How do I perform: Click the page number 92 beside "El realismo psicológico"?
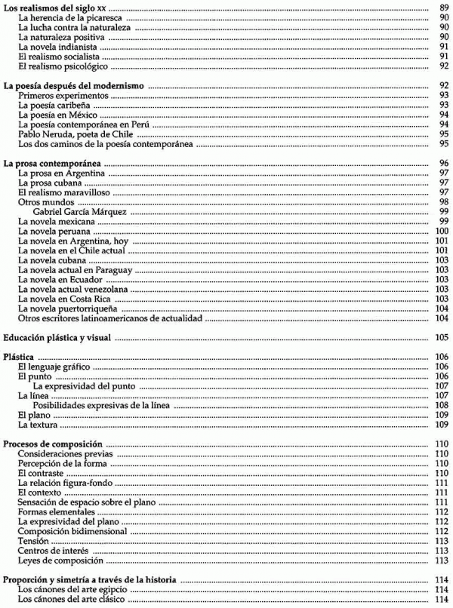tap(443, 66)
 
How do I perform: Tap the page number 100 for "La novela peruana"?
tap(442, 232)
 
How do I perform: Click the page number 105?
tap(442, 337)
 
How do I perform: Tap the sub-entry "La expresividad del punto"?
tap(84, 386)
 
